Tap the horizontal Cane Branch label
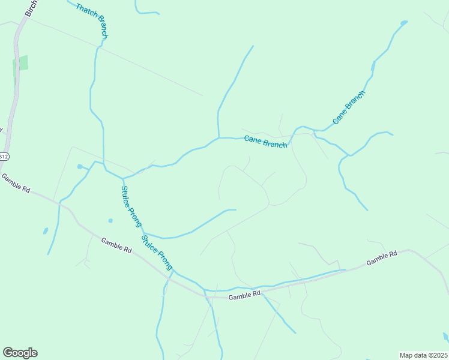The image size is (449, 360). point(266,141)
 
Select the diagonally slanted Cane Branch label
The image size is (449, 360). point(349,107)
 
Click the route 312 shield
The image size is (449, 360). point(4,157)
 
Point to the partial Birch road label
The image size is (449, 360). point(31,7)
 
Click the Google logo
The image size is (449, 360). point(20,353)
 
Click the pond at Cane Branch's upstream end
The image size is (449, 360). point(404,23)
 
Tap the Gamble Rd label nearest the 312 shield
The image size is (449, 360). point(16,182)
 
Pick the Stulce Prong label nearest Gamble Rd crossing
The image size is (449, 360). point(157,253)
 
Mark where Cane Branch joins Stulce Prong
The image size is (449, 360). point(123,178)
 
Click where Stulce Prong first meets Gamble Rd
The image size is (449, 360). point(173,271)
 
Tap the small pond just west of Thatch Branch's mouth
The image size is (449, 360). point(79,166)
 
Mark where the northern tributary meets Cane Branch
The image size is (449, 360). point(218,137)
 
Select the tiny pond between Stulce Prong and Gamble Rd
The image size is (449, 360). point(110,220)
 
